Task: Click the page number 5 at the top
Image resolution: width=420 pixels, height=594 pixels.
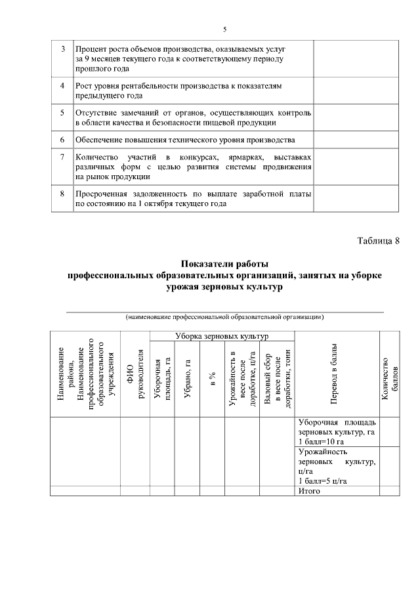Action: click(224, 30)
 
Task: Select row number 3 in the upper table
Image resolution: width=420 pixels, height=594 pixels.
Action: click(62, 50)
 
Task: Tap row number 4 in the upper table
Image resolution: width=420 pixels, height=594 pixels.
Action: click(62, 86)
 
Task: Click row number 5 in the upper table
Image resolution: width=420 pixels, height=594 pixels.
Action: click(62, 113)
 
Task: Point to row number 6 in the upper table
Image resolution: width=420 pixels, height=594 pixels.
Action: click(62, 140)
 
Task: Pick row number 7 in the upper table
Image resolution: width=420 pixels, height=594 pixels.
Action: click(62, 158)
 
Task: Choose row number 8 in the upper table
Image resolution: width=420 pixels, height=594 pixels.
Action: click(62, 194)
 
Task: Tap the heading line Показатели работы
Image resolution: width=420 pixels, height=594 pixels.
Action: click(224, 265)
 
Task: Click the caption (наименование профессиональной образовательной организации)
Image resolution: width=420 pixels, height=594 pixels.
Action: click(224, 317)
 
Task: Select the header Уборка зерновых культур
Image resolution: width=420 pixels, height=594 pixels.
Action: click(222, 336)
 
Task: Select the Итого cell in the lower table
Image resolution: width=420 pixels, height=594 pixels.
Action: click(308, 490)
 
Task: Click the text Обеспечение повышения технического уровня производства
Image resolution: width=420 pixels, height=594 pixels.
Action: click(185, 140)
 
